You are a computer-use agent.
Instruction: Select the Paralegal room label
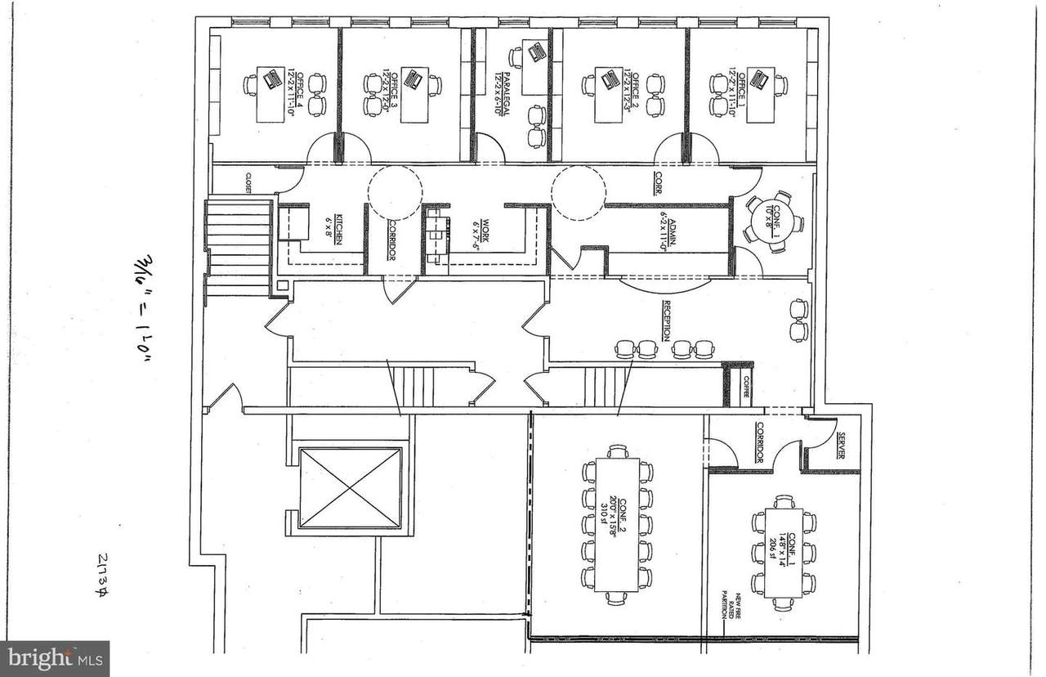[506, 94]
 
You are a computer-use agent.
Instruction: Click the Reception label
[668, 320]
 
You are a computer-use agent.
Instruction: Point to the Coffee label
[744, 388]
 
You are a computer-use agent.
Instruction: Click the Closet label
[249, 182]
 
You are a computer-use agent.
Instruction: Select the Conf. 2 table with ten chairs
[618, 524]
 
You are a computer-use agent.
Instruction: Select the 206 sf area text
[773, 545]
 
